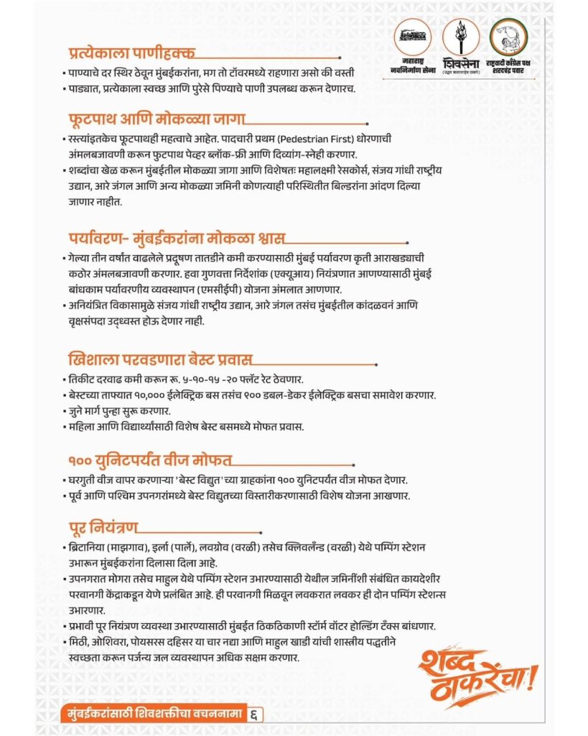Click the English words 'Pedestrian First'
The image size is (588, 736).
click(330, 137)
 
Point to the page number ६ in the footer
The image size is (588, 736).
click(255, 714)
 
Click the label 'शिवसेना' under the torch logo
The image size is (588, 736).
click(459, 62)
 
